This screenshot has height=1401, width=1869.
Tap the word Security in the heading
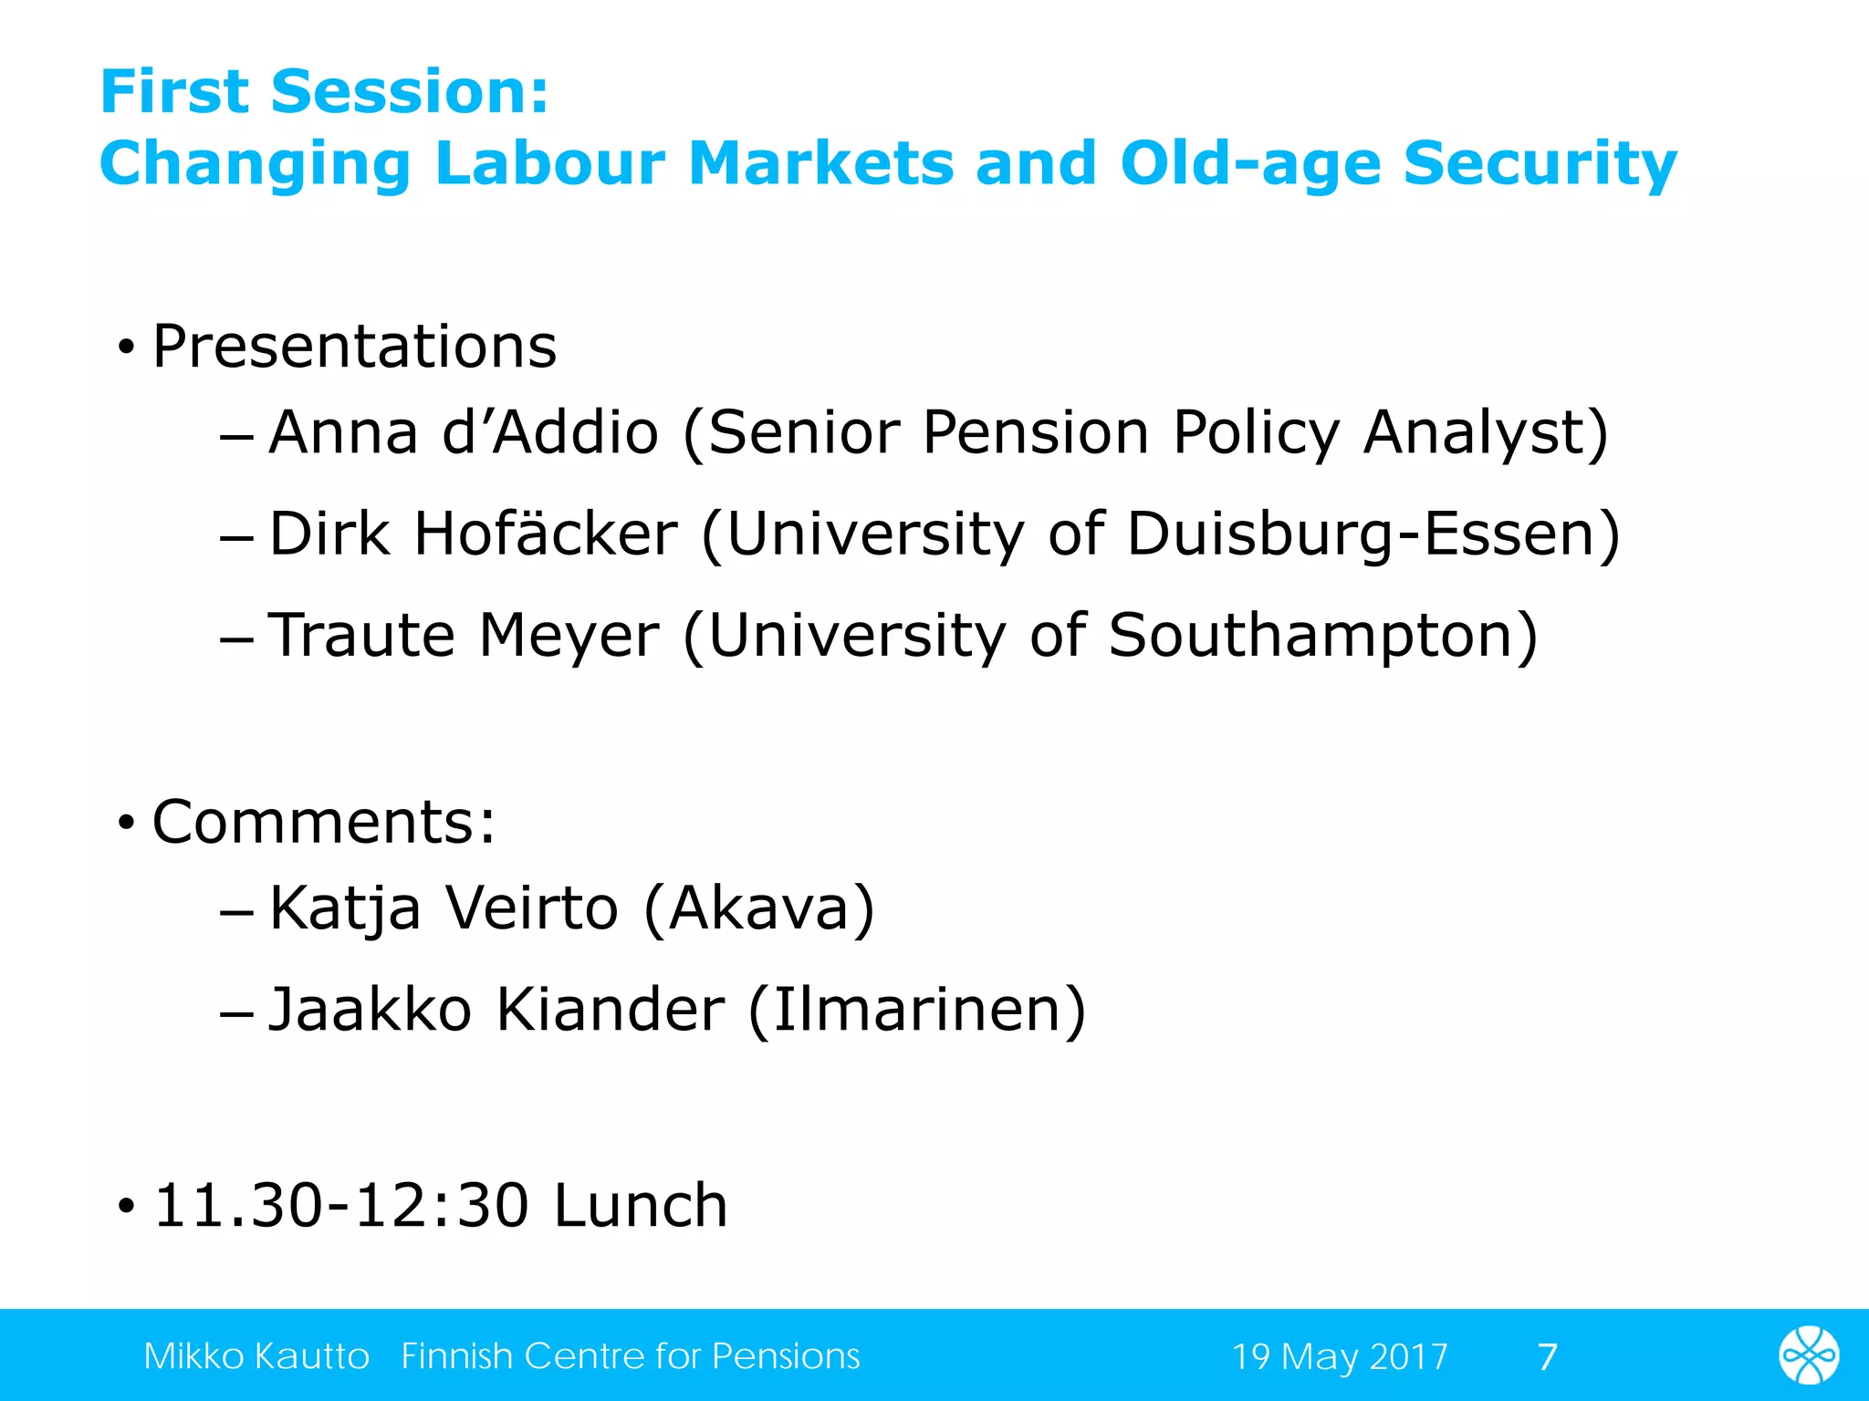point(1540,164)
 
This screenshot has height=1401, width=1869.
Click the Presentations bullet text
point(354,348)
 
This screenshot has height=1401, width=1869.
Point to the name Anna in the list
point(343,432)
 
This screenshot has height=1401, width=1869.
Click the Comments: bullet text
point(324,823)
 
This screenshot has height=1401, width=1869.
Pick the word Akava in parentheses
point(759,908)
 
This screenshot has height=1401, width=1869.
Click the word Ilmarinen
point(916,1010)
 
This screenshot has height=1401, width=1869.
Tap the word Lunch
point(641,1206)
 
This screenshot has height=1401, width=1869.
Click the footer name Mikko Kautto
point(256,1356)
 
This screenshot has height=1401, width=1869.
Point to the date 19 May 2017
point(1339,1356)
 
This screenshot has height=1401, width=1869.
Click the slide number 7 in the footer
point(1547,1356)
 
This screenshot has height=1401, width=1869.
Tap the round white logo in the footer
point(1808,1355)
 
